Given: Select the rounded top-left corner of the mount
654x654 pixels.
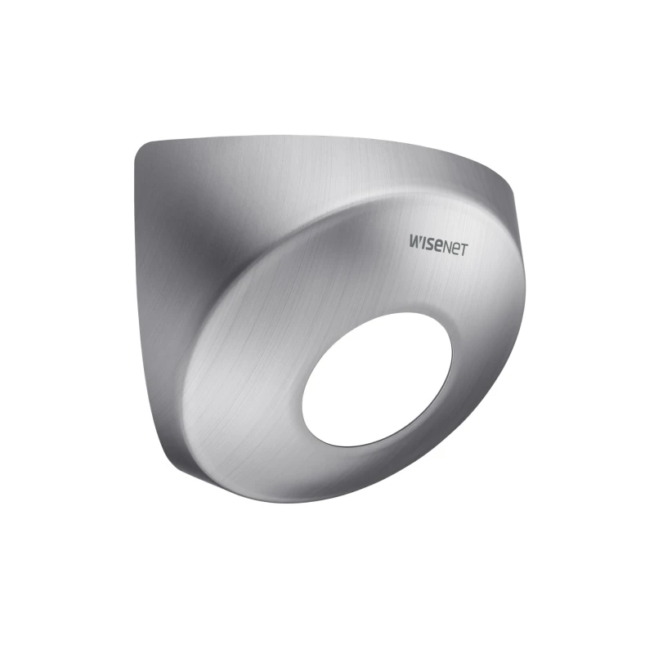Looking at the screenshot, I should click(142, 150).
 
